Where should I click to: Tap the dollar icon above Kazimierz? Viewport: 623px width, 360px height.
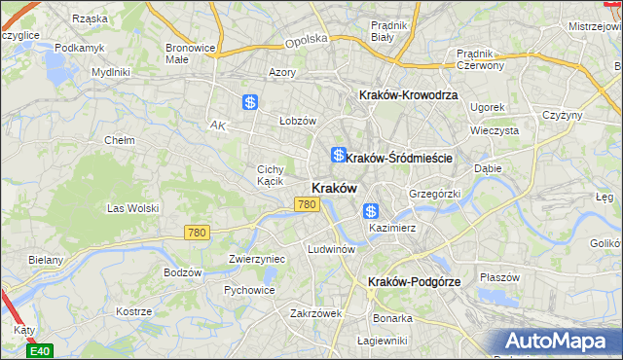pos(371,211)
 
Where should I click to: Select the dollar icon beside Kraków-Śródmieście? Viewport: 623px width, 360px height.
pos(338,155)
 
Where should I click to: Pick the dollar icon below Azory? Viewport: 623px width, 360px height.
pos(250,101)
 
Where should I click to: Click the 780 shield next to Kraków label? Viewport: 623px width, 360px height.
pos(308,204)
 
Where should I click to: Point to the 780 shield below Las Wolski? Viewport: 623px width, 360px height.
pos(198,232)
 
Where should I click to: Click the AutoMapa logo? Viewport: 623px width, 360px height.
pos(560,341)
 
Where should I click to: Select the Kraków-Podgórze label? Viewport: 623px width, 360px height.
pos(414,281)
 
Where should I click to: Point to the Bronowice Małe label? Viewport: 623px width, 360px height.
pos(190,52)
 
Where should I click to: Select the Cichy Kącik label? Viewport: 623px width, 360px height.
pos(270,174)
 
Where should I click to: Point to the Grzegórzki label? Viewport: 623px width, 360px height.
pos(434,194)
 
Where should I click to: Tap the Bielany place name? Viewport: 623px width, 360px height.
pos(46,260)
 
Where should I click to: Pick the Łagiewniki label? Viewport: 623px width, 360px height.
pos(382,340)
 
